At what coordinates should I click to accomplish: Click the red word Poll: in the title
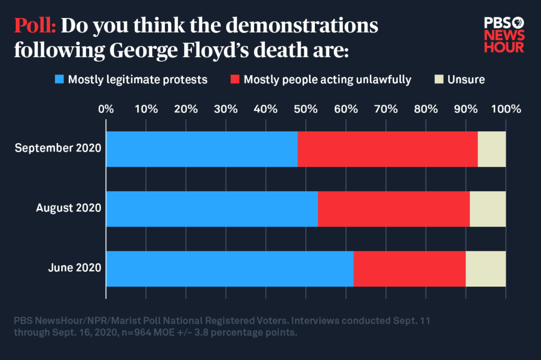(x=36, y=26)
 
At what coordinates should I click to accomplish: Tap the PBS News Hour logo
(x=504, y=34)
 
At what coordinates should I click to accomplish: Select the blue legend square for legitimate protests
(x=59, y=80)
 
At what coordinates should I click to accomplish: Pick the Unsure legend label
(x=466, y=80)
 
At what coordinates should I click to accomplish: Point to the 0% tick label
(x=106, y=110)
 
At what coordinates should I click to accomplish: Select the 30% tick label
(x=226, y=110)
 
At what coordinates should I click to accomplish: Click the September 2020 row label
(x=58, y=149)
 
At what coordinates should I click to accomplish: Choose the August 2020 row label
(x=68, y=209)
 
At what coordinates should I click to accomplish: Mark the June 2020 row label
(x=74, y=268)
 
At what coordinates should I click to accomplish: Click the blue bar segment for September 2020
(x=202, y=149)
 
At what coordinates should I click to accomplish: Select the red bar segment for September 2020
(x=387, y=149)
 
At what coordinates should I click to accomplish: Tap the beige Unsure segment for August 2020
(x=487, y=209)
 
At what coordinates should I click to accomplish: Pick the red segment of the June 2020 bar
(x=409, y=268)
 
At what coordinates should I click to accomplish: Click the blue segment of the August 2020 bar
(x=212, y=209)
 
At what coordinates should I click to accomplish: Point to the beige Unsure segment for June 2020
(x=486, y=268)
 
